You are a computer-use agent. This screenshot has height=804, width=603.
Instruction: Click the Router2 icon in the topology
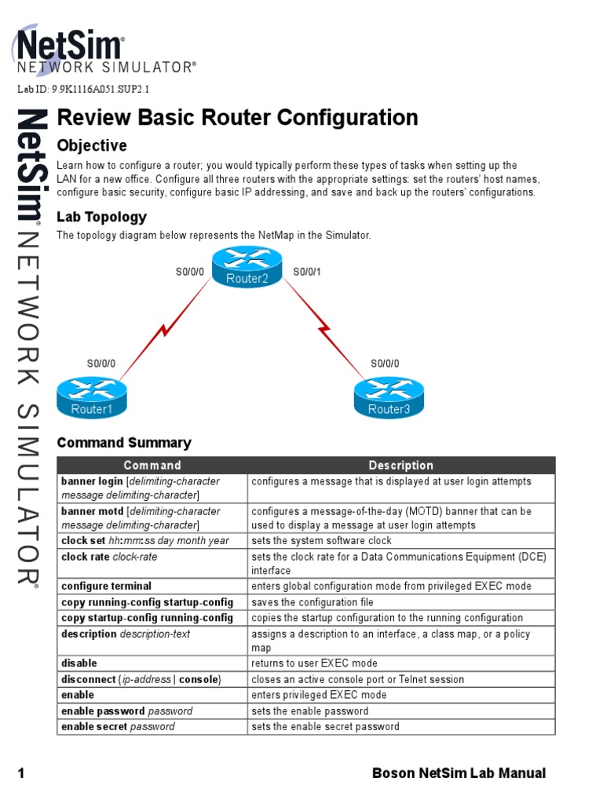click(x=247, y=268)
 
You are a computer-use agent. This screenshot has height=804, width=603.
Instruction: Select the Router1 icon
click(x=92, y=398)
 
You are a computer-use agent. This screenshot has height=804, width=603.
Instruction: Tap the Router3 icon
click(x=389, y=398)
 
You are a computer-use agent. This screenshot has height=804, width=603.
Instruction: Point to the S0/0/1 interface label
click(x=307, y=272)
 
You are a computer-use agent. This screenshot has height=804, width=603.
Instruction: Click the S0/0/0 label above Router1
click(x=100, y=364)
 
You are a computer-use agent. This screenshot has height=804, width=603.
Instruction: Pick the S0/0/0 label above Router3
click(x=385, y=364)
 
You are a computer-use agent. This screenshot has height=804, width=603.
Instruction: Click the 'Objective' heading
click(x=92, y=146)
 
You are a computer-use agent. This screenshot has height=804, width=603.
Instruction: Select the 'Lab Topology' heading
click(x=101, y=217)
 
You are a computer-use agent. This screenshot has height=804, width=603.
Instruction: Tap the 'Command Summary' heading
click(x=124, y=443)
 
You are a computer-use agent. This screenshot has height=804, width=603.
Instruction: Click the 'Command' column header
click(x=152, y=466)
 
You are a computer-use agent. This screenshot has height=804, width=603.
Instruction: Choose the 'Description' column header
click(x=400, y=466)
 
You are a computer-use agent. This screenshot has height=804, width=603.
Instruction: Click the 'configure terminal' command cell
click(x=107, y=586)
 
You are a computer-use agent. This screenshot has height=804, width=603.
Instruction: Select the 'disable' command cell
click(x=79, y=663)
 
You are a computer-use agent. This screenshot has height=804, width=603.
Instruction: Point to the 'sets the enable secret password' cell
click(x=325, y=726)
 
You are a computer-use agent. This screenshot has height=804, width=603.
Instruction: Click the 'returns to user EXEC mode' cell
click(x=314, y=663)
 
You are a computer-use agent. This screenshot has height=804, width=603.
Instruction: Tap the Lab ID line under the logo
click(x=83, y=90)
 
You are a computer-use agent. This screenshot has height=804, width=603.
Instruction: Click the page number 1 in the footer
click(x=21, y=773)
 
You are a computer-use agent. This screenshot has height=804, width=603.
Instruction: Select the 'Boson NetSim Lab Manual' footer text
click(x=459, y=773)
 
